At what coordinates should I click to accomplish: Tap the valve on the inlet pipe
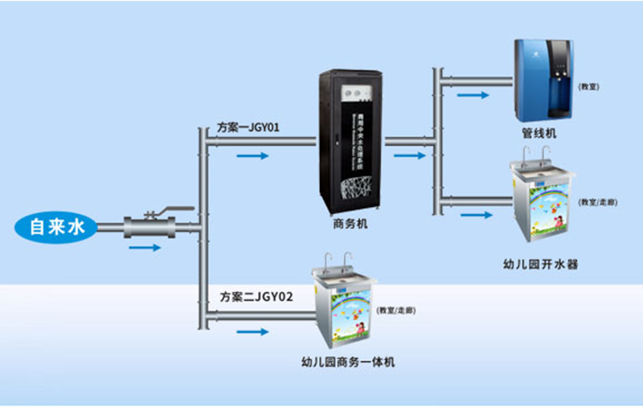click(149, 227)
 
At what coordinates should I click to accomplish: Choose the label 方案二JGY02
click(256, 296)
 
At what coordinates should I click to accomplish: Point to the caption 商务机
click(350, 224)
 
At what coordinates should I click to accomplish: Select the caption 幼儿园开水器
click(539, 264)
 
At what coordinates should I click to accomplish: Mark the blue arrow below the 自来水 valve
click(144, 247)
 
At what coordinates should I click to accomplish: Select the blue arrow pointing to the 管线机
click(472, 94)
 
